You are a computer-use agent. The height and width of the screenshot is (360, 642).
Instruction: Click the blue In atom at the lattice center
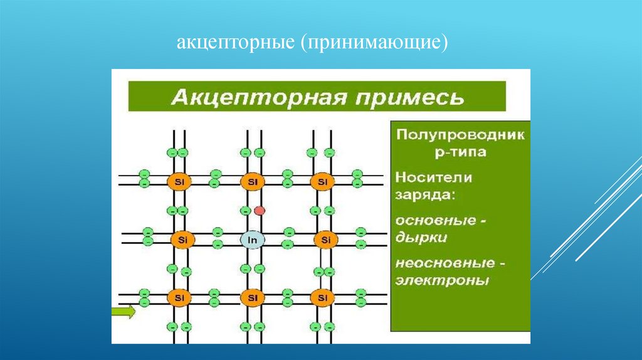coord(251,239)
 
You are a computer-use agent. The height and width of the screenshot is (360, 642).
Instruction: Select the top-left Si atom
coord(179,182)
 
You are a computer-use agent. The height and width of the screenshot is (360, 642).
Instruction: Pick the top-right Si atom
coord(323,182)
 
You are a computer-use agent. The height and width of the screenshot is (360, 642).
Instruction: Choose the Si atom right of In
coord(325,239)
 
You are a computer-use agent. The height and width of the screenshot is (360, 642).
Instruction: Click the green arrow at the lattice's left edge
coord(124,311)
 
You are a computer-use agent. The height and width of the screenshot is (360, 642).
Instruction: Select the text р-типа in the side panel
coord(460,152)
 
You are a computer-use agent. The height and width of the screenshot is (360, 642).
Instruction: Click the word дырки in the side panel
coord(421,238)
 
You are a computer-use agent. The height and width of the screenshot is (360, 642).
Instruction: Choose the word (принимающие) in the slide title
coord(376,45)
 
